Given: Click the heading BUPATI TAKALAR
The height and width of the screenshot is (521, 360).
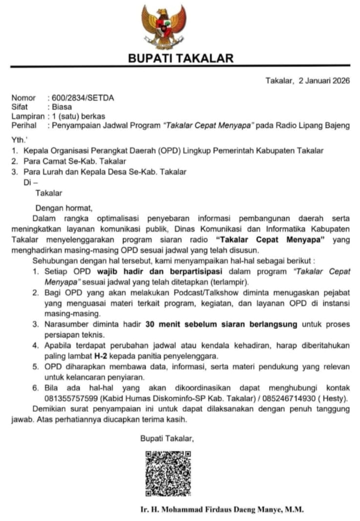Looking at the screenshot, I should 180,58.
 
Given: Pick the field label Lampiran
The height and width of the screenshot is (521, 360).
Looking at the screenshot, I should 27,116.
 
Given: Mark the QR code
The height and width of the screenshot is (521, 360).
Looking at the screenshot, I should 168,473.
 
